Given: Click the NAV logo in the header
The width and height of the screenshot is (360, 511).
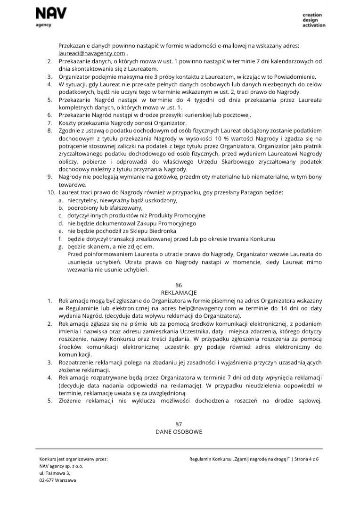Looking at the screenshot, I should pyautogui.click(x=51, y=13).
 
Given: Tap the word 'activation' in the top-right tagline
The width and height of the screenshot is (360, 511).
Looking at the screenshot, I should pyautogui.click(x=314, y=25).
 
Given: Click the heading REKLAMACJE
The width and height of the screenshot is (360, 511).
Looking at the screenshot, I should pyautogui.click(x=179, y=292).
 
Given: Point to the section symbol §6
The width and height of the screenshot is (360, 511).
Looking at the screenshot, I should pyautogui.click(x=179, y=285).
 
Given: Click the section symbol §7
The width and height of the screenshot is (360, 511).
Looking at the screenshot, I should pyautogui.click(x=179, y=424).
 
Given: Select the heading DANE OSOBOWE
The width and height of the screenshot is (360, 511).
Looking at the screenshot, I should pyautogui.click(x=179, y=432).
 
